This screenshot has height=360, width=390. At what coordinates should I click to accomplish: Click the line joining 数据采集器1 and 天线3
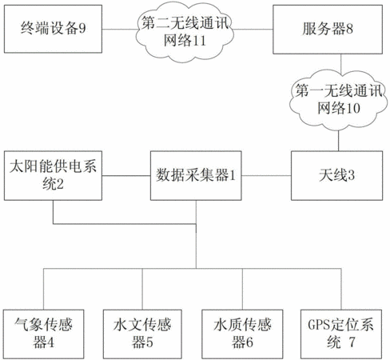[266, 176]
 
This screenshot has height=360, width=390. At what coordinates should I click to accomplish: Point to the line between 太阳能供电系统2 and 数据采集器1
[126, 176]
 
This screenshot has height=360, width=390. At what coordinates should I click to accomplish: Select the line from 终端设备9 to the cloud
[119, 29]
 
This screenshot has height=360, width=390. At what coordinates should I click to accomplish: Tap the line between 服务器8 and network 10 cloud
[341, 63]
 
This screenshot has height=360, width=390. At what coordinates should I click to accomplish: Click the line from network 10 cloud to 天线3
[339, 141]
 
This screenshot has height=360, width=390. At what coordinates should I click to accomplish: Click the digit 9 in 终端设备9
[82, 28]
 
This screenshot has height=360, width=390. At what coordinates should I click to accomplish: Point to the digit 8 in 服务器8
[349, 29]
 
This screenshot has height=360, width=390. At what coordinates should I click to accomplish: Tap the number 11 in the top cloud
[199, 41]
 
